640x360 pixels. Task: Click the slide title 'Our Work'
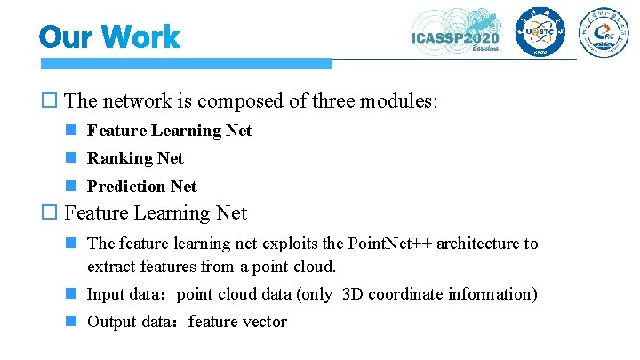[x=109, y=37]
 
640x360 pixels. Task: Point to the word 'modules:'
[x=398, y=101]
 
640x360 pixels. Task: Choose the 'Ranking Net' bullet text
[x=135, y=158]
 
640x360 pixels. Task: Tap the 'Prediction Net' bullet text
[x=142, y=187]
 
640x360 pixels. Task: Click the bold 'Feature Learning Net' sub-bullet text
[x=169, y=131]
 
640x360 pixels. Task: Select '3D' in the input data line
[x=353, y=294]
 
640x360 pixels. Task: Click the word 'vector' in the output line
[x=264, y=322]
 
